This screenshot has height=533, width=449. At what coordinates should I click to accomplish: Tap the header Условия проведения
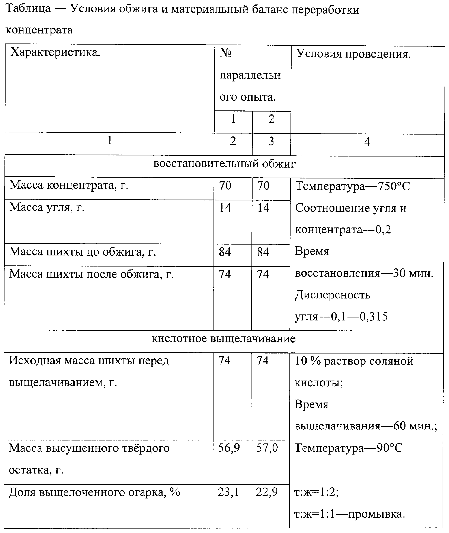tap(354, 54)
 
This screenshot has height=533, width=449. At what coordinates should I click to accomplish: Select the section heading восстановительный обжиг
tap(224, 164)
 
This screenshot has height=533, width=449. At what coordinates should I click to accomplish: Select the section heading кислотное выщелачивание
tap(224, 339)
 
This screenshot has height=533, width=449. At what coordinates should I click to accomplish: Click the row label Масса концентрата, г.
tap(69, 185)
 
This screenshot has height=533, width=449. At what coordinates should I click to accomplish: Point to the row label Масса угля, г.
tap(47, 207)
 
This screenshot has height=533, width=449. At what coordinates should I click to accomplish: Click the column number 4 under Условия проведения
tap(367, 141)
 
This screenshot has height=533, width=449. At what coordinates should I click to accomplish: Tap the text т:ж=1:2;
tap(316, 493)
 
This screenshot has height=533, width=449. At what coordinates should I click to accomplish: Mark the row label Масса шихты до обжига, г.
tap(83, 252)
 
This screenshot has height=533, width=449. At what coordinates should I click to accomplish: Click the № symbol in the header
tap(225, 53)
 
